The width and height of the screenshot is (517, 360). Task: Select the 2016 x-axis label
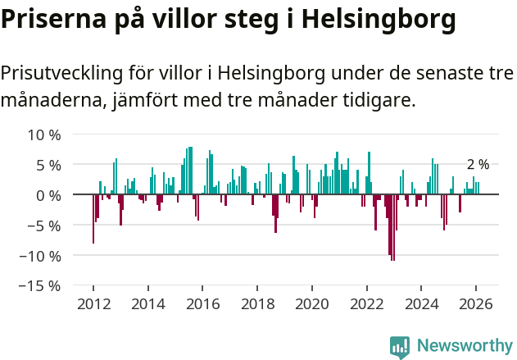pyautogui.click(x=202, y=303)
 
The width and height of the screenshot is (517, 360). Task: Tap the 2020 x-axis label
pyautogui.click(x=311, y=303)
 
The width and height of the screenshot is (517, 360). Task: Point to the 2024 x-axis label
pyautogui.click(x=421, y=303)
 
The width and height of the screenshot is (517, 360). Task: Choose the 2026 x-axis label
pyautogui.click(x=475, y=303)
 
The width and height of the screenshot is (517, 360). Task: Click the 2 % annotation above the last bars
pyautogui.click(x=478, y=165)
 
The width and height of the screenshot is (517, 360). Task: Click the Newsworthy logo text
pyautogui.click(x=464, y=346)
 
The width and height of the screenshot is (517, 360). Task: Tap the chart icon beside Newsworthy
pyautogui.click(x=400, y=347)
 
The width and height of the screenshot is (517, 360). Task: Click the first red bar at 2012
pyautogui.click(x=93, y=219)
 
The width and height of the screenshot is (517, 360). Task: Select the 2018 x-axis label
pyautogui.click(x=257, y=303)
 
